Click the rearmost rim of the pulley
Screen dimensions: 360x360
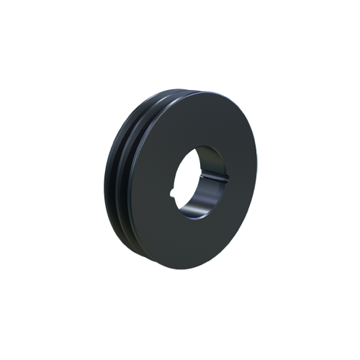click(x=109, y=180)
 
